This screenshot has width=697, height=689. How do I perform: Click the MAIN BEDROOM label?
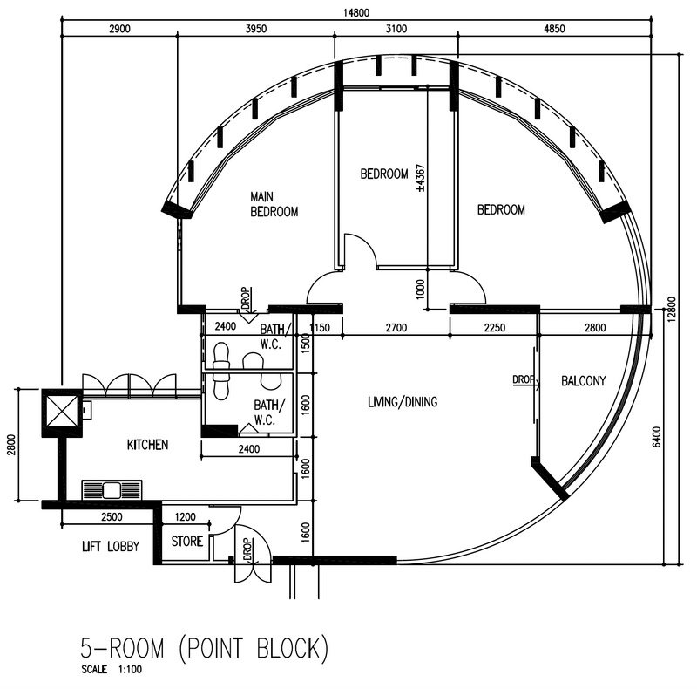point(274,204)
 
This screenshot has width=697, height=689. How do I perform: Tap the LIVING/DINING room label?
point(403,402)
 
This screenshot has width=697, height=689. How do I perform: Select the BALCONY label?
point(583,381)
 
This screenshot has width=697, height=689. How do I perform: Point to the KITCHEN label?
point(147,445)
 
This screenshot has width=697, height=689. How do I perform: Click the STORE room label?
point(187,542)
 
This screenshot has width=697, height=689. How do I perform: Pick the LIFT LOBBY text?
point(111,546)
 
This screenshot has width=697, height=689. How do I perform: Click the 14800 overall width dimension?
point(355,13)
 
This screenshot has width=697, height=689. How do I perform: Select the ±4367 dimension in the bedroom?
point(421,178)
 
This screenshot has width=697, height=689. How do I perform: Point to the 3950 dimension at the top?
point(256,29)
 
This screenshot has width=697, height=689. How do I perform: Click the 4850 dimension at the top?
point(554,29)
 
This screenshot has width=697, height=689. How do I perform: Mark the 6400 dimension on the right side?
point(657,437)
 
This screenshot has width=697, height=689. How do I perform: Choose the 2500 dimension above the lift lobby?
point(112,516)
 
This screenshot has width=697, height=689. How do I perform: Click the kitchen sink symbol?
point(112,490)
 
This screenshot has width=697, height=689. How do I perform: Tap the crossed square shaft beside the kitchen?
point(62,413)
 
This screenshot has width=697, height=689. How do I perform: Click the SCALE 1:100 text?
point(112,670)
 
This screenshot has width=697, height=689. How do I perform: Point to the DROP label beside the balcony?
point(524,379)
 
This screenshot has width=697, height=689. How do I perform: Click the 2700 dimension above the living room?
point(396,328)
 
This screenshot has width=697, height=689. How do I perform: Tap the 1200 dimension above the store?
point(185,516)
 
